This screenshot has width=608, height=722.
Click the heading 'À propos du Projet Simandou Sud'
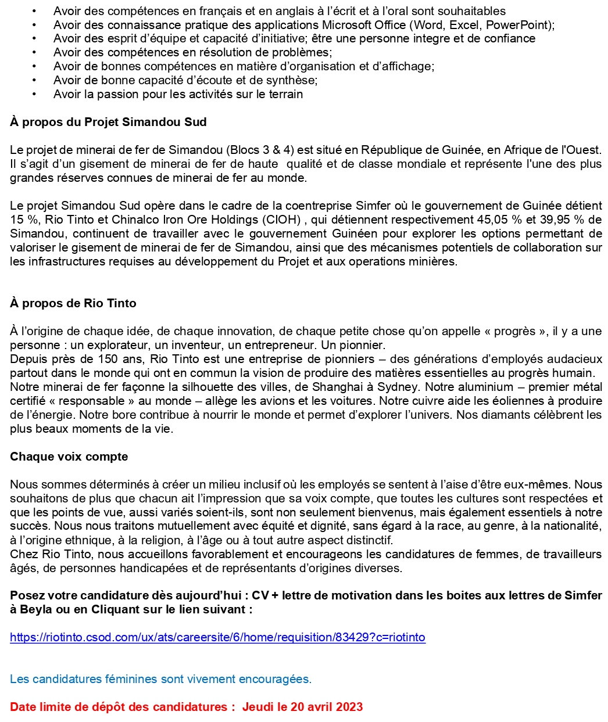(108, 122)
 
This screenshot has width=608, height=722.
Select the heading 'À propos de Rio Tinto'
(73, 303)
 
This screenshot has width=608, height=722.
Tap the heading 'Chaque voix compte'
(69, 457)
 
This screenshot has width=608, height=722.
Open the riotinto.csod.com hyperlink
(217, 637)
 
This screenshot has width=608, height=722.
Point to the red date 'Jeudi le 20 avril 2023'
(302, 707)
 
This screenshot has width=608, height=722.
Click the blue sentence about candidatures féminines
(160, 678)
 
